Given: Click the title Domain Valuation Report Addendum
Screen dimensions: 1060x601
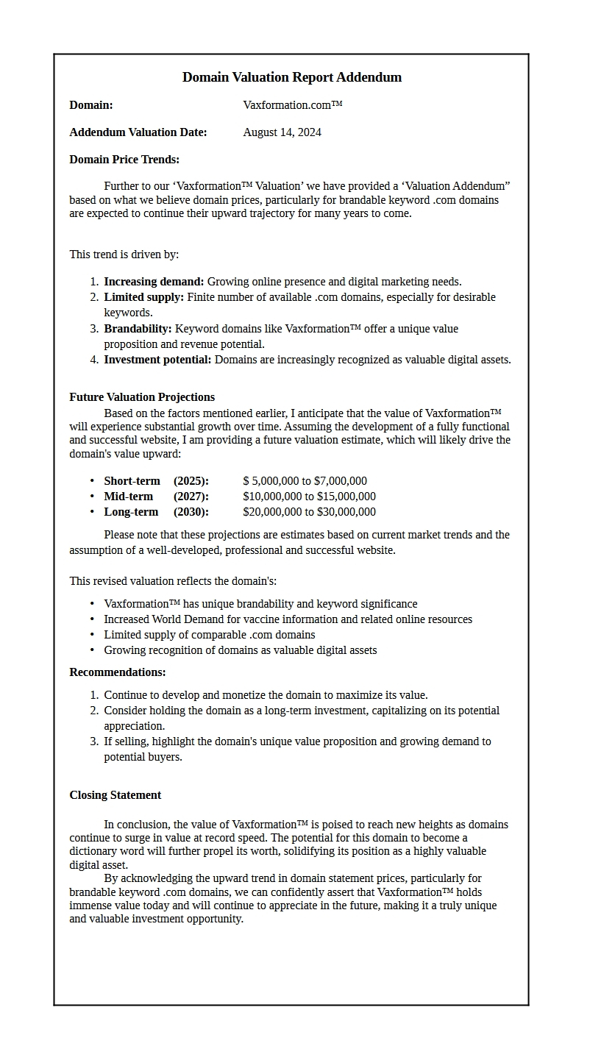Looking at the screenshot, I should pyautogui.click(x=291, y=77).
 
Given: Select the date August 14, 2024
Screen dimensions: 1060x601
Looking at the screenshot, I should pyautogui.click(x=282, y=132).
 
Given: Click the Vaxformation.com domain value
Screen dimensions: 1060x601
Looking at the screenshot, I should pyautogui.click(x=292, y=105).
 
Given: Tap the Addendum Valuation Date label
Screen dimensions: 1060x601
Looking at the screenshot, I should pyautogui.click(x=138, y=132).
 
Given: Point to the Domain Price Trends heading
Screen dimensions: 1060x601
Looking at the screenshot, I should pyautogui.click(x=124, y=160).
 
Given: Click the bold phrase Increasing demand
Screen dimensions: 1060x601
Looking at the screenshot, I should pyautogui.click(x=154, y=282).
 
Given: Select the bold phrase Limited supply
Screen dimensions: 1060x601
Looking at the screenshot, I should pyautogui.click(x=143, y=297).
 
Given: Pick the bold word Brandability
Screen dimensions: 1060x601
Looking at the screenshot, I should pyautogui.click(x=138, y=329).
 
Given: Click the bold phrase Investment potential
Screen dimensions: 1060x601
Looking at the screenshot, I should pyautogui.click(x=157, y=360).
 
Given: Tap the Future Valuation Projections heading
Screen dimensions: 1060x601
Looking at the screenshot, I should pyautogui.click(x=142, y=397).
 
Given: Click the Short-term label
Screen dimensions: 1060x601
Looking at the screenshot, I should pyautogui.click(x=132, y=481).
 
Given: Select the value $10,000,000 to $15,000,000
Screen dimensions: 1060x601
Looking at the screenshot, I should pyautogui.click(x=309, y=497).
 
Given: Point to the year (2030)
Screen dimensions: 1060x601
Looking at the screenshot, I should pyautogui.click(x=191, y=512).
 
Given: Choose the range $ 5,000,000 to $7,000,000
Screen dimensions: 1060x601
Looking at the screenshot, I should pyautogui.click(x=305, y=481).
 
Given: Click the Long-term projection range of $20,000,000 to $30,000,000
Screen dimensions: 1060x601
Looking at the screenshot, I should pyautogui.click(x=309, y=512).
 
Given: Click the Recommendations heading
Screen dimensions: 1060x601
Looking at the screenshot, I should pyautogui.click(x=118, y=672).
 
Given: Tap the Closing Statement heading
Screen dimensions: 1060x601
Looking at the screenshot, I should pyautogui.click(x=115, y=795).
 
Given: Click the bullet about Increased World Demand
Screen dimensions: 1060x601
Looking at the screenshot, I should pyautogui.click(x=288, y=619).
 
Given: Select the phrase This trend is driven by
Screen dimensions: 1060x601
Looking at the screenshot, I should pyautogui.click(x=124, y=255).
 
